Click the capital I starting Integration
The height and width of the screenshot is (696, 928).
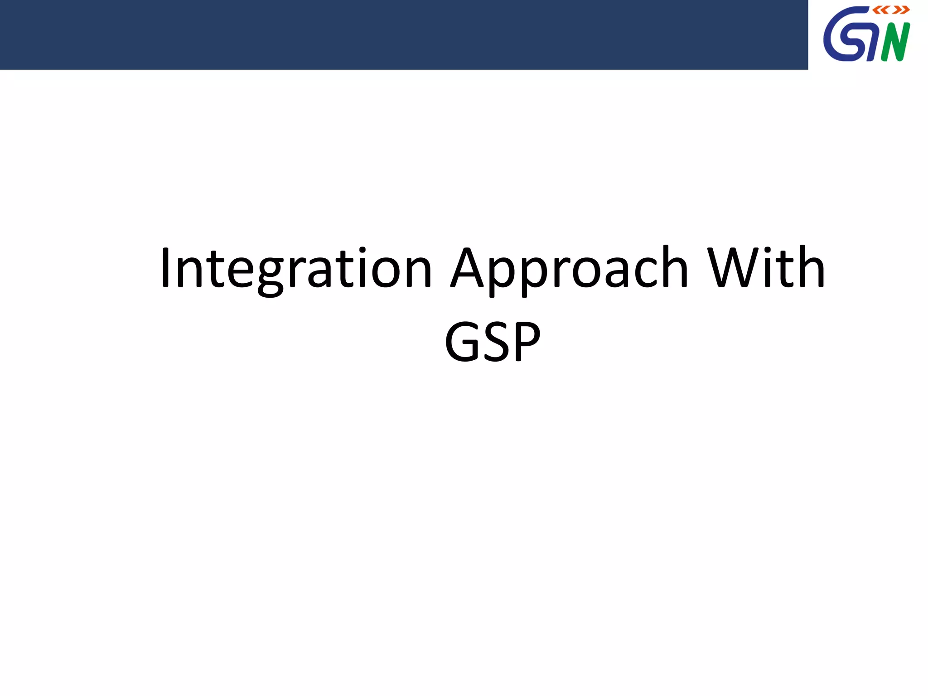pos(165,268)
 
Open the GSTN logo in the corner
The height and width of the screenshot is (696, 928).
pos(867,34)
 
